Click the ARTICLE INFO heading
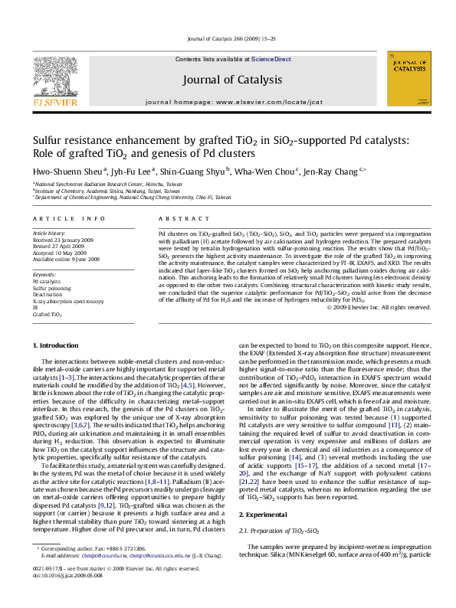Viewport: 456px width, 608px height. pyautogui.click(x=58, y=217)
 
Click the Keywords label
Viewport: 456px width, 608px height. pyautogui.click(x=45, y=273)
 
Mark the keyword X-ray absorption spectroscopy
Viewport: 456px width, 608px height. pyautogui.click(x=67, y=300)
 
